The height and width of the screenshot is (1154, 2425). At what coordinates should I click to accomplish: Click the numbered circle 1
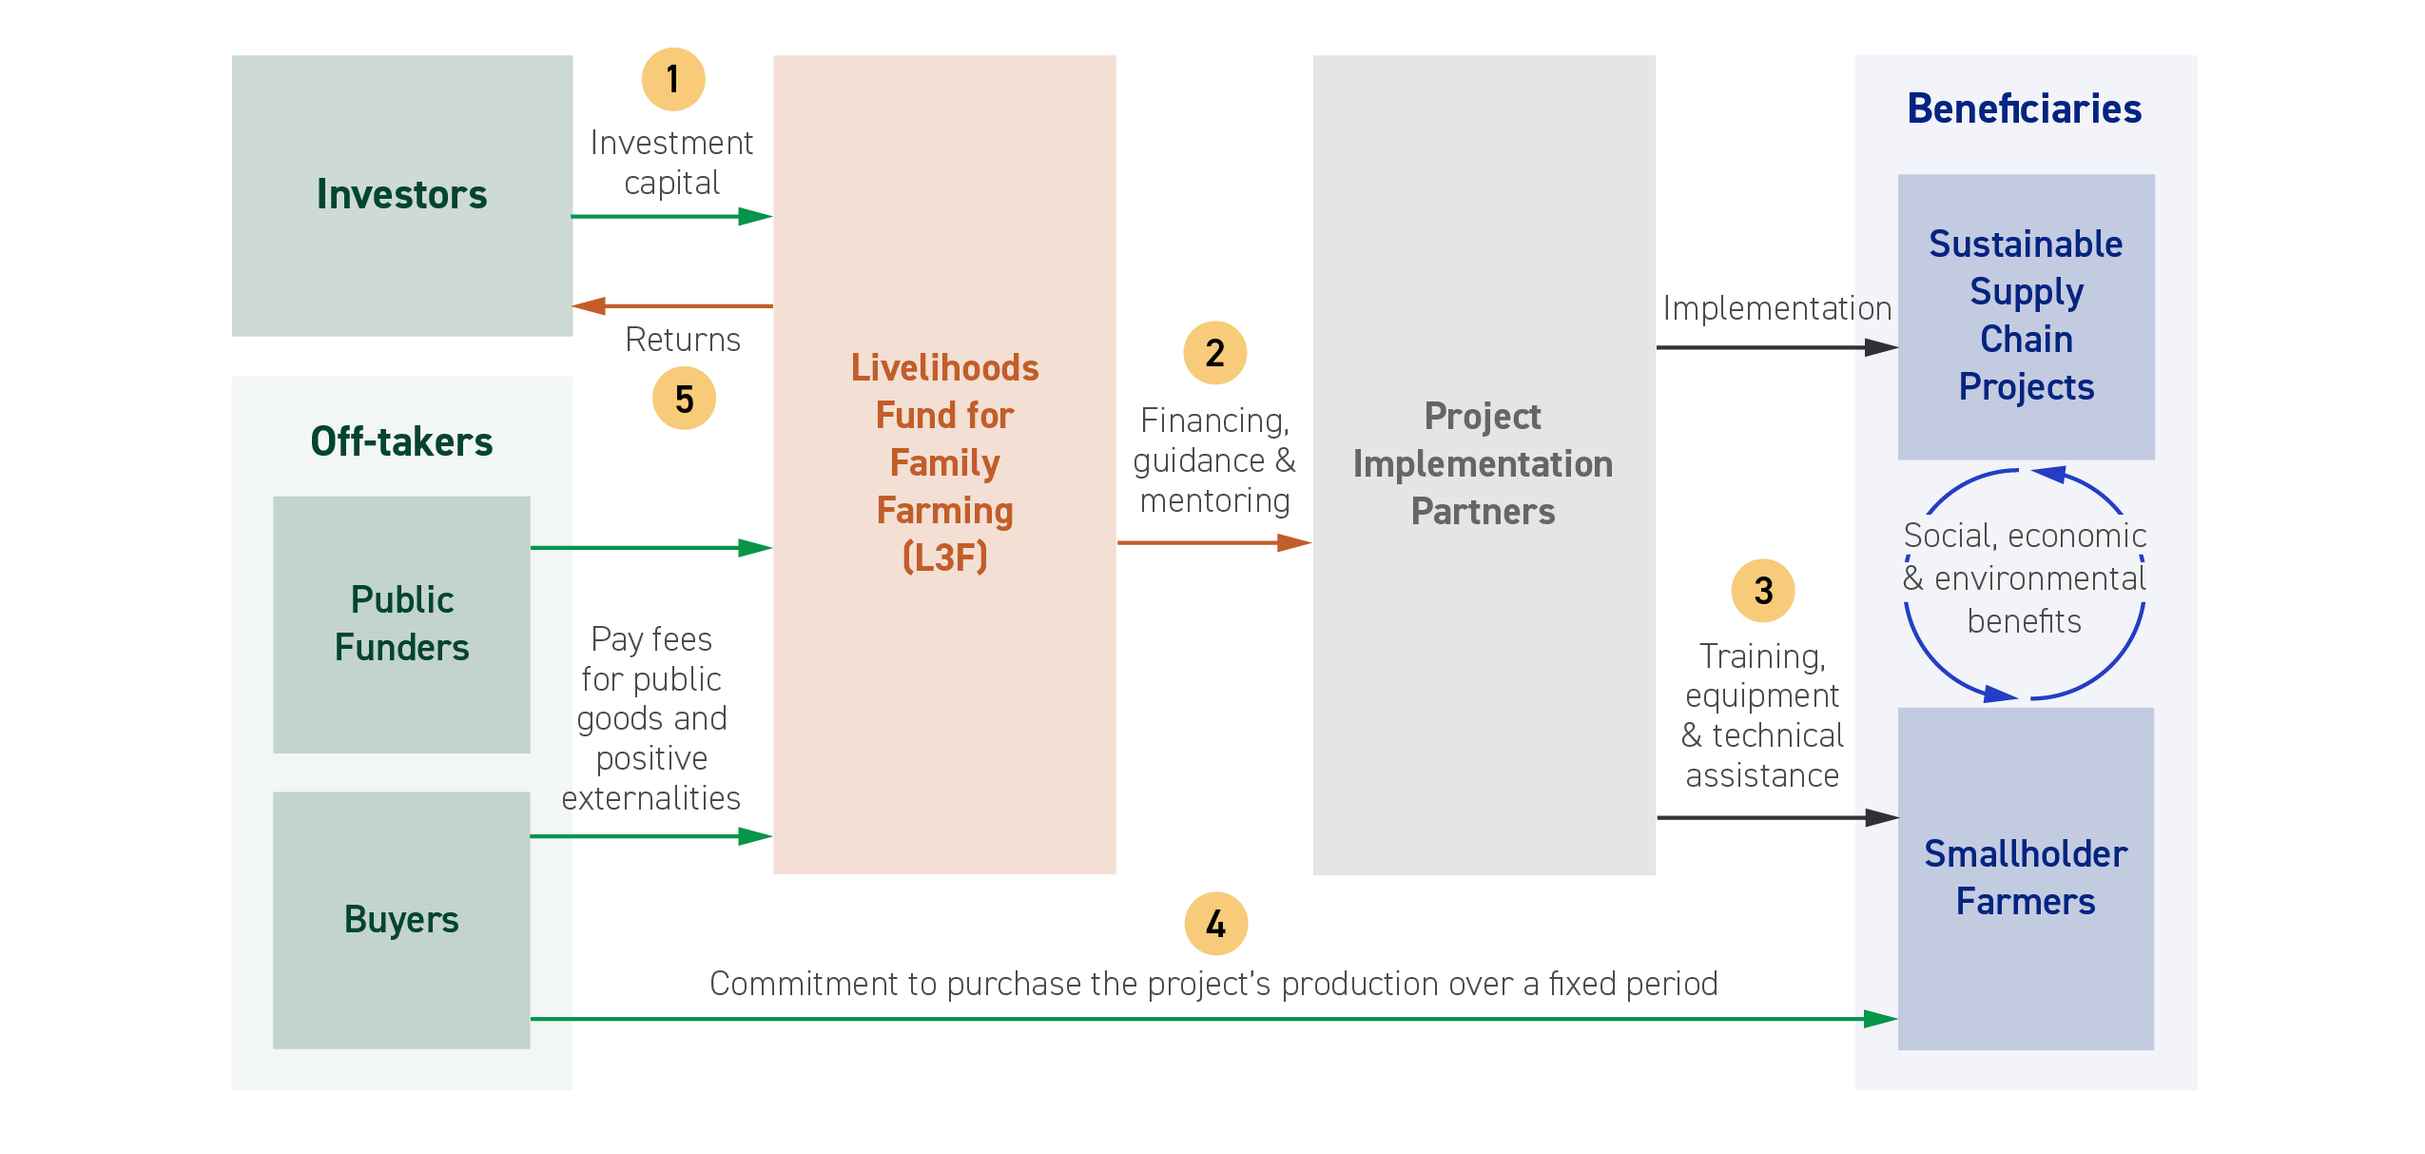tap(673, 79)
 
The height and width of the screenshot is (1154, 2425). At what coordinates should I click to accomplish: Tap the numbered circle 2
tap(1214, 353)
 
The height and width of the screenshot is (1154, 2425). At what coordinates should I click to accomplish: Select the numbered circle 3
tap(1763, 591)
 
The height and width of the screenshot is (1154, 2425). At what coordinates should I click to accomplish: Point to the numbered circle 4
tap(1215, 924)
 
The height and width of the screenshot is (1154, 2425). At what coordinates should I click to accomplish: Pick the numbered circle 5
tap(684, 399)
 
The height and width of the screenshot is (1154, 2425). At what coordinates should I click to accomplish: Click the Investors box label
tap(401, 194)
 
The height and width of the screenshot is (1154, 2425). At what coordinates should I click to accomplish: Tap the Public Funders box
tap(401, 624)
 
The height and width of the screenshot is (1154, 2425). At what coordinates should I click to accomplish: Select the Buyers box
tap(401, 920)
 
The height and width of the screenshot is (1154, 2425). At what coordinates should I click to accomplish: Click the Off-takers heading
tap(401, 441)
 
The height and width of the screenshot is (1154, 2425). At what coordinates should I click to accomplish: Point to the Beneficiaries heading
tap(2025, 108)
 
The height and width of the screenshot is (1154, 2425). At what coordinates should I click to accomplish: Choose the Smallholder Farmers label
tap(2026, 877)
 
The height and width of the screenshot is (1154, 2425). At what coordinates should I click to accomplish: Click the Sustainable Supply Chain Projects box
tap(2027, 317)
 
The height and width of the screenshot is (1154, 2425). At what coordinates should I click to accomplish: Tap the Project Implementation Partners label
tap(1483, 463)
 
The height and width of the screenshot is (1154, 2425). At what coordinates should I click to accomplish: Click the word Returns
tap(683, 340)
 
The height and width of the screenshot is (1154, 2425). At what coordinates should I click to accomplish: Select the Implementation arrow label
tap(1777, 308)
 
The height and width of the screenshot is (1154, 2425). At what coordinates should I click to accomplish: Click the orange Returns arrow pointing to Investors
tap(672, 305)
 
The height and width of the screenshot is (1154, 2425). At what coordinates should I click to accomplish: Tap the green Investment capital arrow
tap(672, 217)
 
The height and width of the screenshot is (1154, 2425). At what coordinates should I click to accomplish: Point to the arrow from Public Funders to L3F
tap(651, 548)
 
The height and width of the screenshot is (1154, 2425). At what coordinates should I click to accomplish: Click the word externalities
tap(651, 798)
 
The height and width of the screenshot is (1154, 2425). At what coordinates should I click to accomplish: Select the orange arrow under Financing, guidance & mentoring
tap(1214, 542)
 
